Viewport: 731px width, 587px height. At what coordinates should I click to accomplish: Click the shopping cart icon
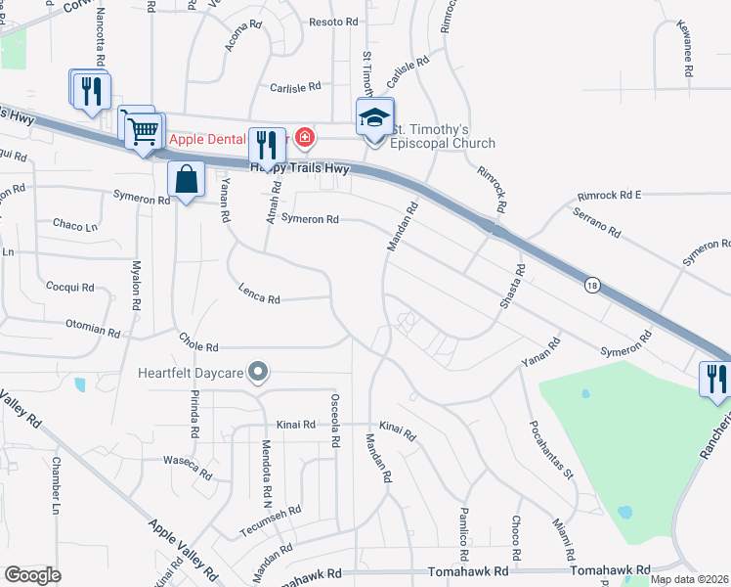[x=143, y=129]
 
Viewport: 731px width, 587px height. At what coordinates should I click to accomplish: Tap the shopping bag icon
[x=185, y=179]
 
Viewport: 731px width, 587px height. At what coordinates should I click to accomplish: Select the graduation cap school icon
[x=374, y=118]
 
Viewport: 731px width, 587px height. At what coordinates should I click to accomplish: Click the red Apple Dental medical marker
[x=304, y=137]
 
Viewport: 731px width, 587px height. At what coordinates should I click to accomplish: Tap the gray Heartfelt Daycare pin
[x=258, y=371]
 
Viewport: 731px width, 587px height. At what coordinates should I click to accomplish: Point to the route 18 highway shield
[x=592, y=285]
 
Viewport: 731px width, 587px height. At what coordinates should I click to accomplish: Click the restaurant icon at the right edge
[x=716, y=378]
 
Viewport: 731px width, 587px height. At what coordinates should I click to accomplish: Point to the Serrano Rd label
[x=597, y=224]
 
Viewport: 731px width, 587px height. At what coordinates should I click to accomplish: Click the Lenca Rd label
[x=260, y=292]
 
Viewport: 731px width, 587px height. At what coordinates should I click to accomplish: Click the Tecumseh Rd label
[x=268, y=522]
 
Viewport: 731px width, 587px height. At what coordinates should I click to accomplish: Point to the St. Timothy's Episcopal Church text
[x=444, y=136]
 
